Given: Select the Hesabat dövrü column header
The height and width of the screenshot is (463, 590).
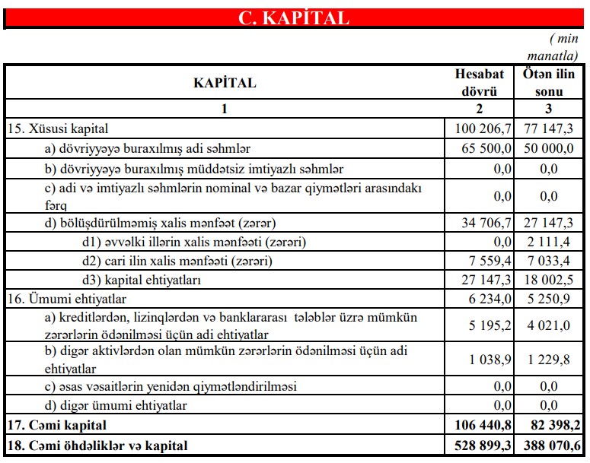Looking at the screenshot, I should point(479,83).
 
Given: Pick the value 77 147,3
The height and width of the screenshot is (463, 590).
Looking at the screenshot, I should point(547,129).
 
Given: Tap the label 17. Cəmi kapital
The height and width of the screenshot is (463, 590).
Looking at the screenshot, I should point(57,424).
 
